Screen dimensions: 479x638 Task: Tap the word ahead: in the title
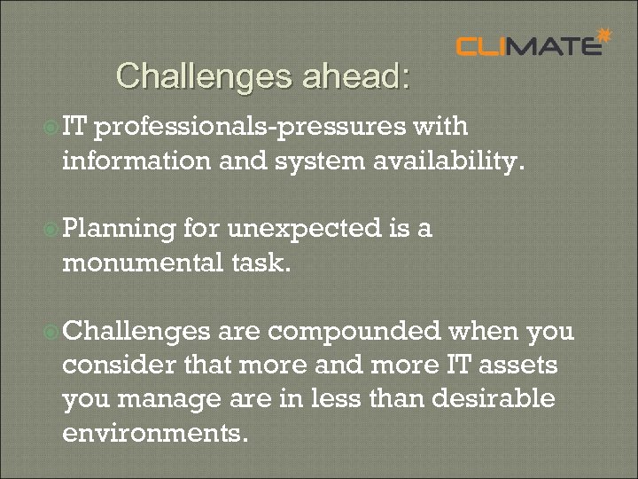(355, 76)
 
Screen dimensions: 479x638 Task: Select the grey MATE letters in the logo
(558, 46)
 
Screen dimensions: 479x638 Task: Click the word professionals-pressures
(251, 128)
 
